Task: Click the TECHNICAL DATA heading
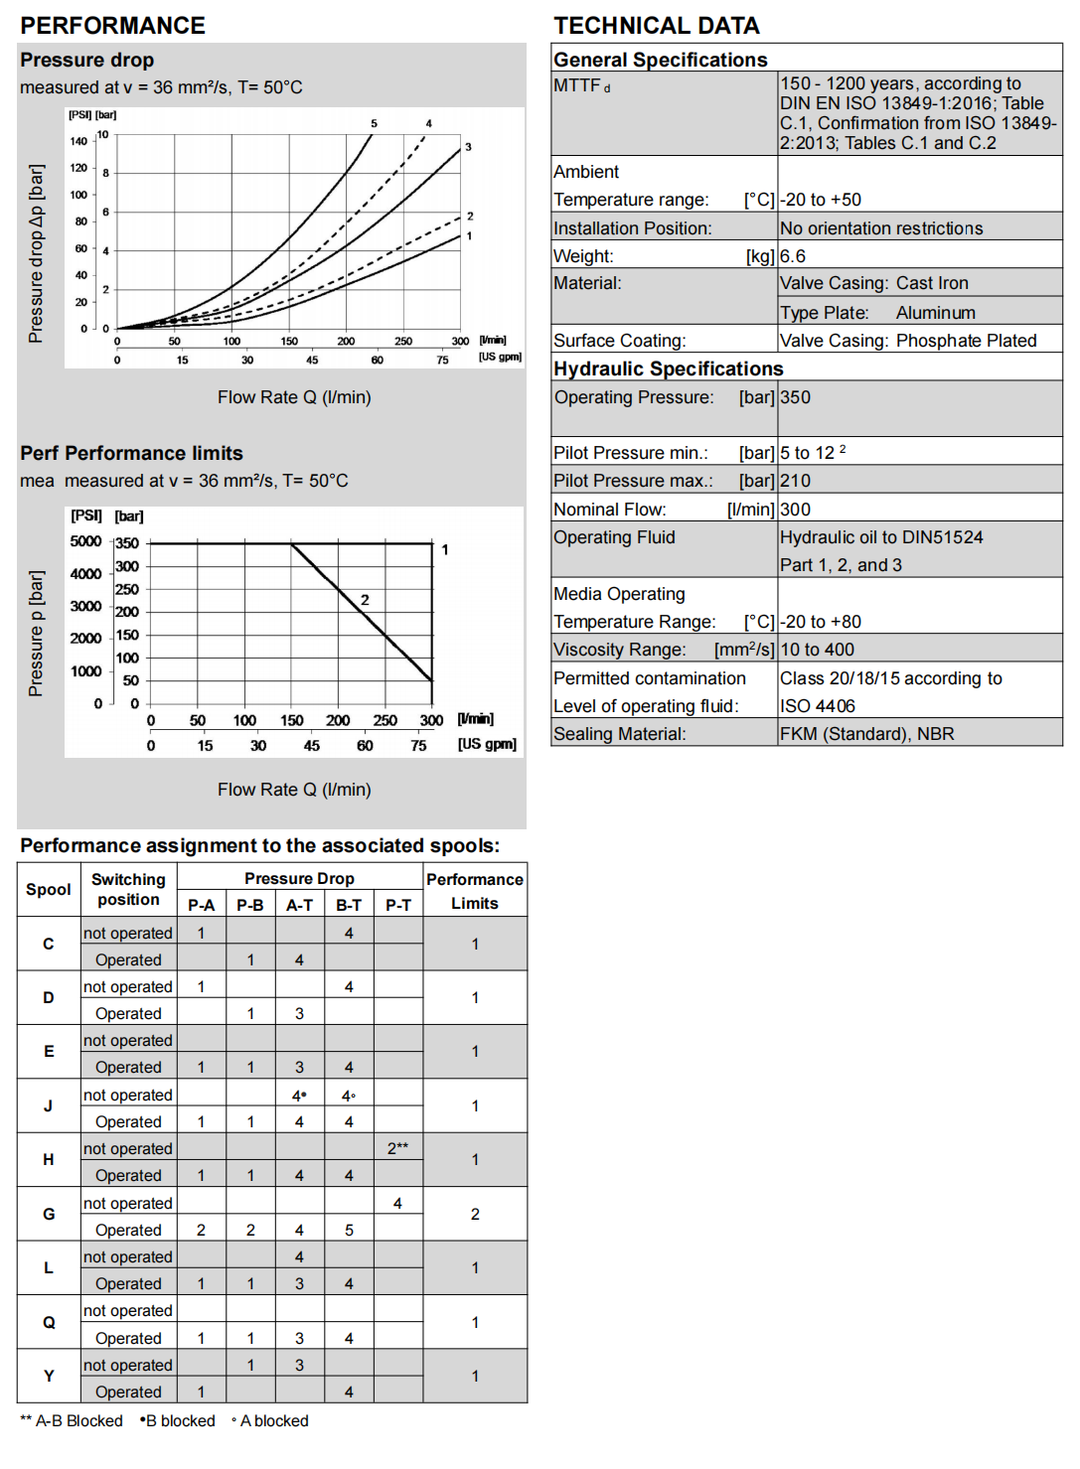(x=656, y=26)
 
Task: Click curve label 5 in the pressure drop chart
(x=374, y=124)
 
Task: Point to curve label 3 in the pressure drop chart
(x=468, y=147)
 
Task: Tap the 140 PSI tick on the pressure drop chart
(x=78, y=141)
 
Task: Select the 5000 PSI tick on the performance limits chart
(x=85, y=541)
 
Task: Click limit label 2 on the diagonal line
(x=365, y=600)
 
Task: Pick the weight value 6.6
(x=793, y=256)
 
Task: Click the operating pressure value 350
(x=795, y=397)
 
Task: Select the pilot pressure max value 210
(x=795, y=481)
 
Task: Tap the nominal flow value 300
(x=795, y=510)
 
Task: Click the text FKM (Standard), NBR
(x=866, y=734)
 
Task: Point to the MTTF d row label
(x=582, y=86)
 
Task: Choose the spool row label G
(x=49, y=1214)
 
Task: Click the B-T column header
(x=349, y=905)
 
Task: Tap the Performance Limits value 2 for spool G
(x=475, y=1214)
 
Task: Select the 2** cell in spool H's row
(x=397, y=1148)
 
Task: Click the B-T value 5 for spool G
(x=349, y=1230)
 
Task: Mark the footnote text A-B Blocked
(x=72, y=1421)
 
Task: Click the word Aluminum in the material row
(x=935, y=313)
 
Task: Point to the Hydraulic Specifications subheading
(x=668, y=369)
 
